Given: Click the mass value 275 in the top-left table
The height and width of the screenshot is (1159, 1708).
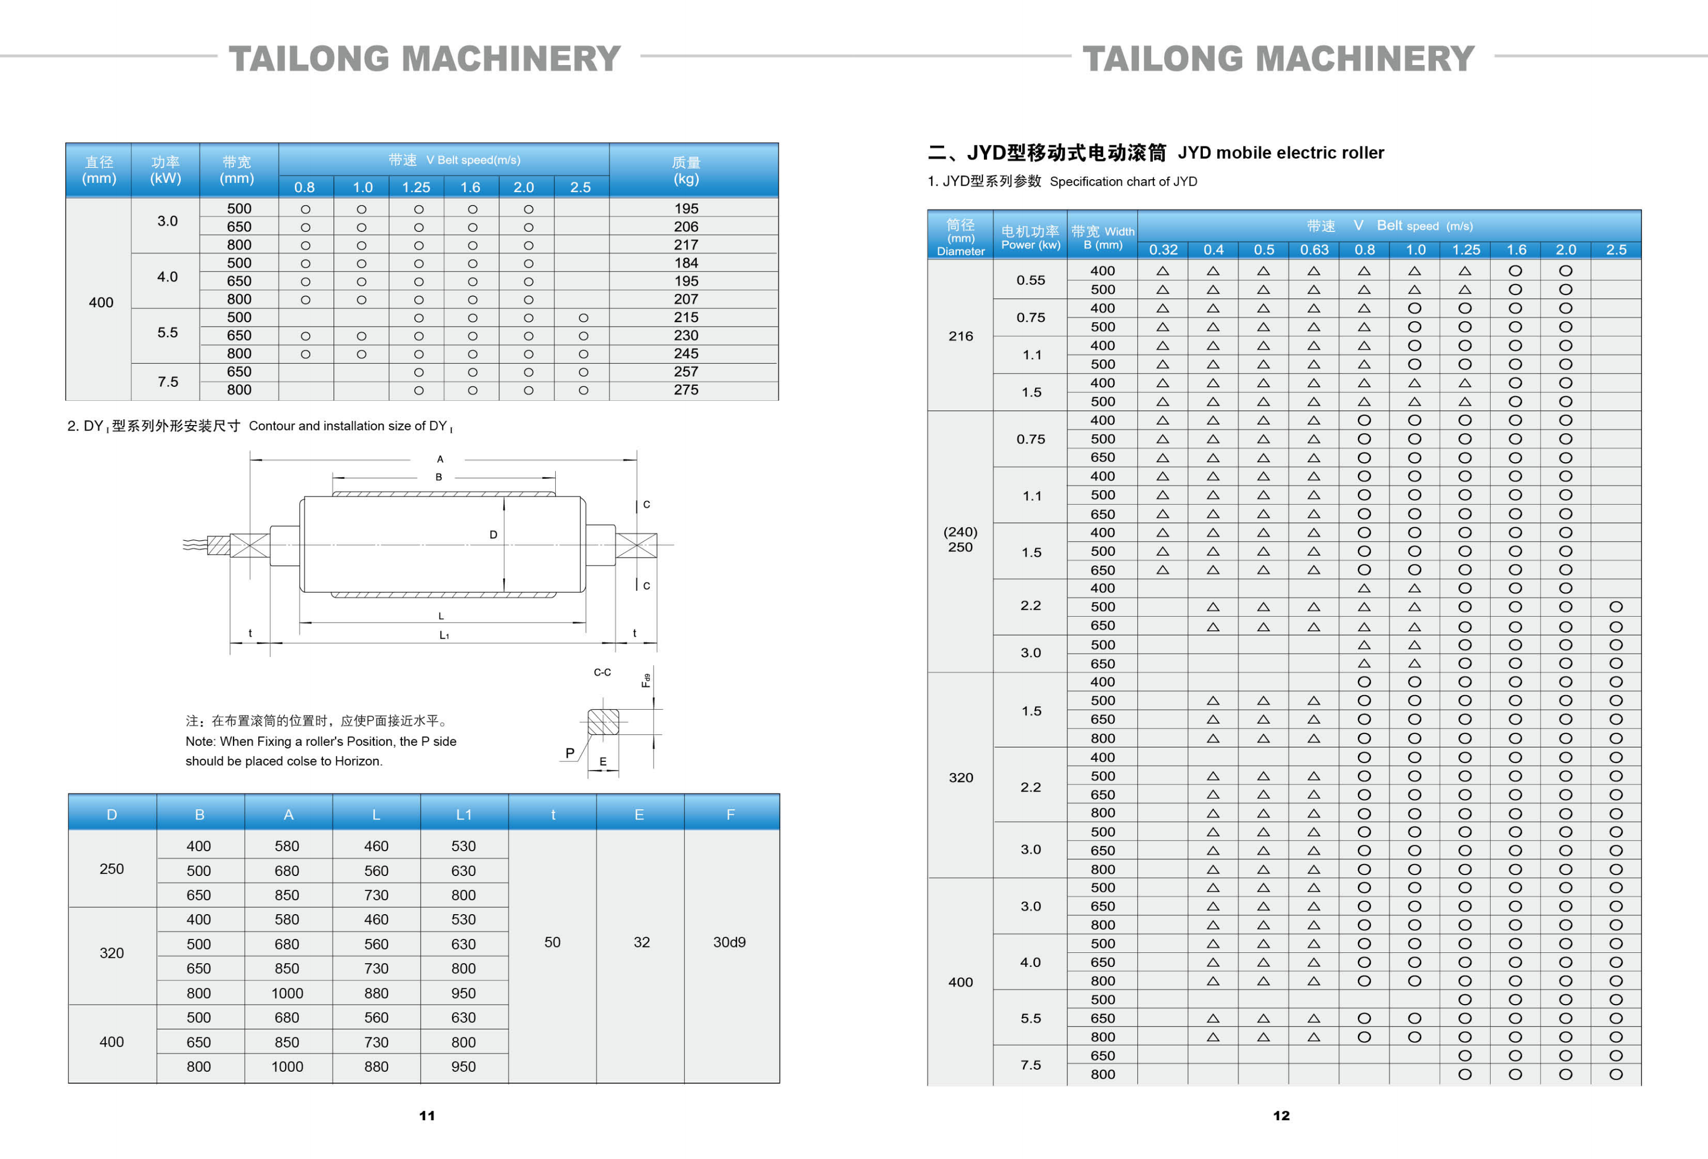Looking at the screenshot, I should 686,390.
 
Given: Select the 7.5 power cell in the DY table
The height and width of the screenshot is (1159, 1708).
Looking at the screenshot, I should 167,381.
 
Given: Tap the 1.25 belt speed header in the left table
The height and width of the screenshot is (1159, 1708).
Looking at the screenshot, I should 416,187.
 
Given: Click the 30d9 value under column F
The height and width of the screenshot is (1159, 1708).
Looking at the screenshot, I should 729,942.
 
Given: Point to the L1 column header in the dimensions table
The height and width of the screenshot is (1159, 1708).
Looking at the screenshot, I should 463,814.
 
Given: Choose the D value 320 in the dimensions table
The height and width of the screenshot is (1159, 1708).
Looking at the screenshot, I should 112,953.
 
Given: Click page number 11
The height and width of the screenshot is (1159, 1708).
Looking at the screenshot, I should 427,1115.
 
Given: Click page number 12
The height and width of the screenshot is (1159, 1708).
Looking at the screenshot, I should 1281,1115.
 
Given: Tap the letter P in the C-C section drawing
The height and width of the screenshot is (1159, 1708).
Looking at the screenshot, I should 570,753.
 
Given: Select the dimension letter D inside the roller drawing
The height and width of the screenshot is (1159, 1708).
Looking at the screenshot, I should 493,535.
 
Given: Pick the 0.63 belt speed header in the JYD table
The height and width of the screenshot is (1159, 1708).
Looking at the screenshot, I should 1314,250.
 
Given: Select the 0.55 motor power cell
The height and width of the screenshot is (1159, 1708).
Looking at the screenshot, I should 1030,280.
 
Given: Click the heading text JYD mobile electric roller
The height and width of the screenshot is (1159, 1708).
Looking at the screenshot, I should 1280,153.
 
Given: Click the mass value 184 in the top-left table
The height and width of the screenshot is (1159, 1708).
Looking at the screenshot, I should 686,263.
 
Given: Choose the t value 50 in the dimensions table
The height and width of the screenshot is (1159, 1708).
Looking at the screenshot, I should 552,942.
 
